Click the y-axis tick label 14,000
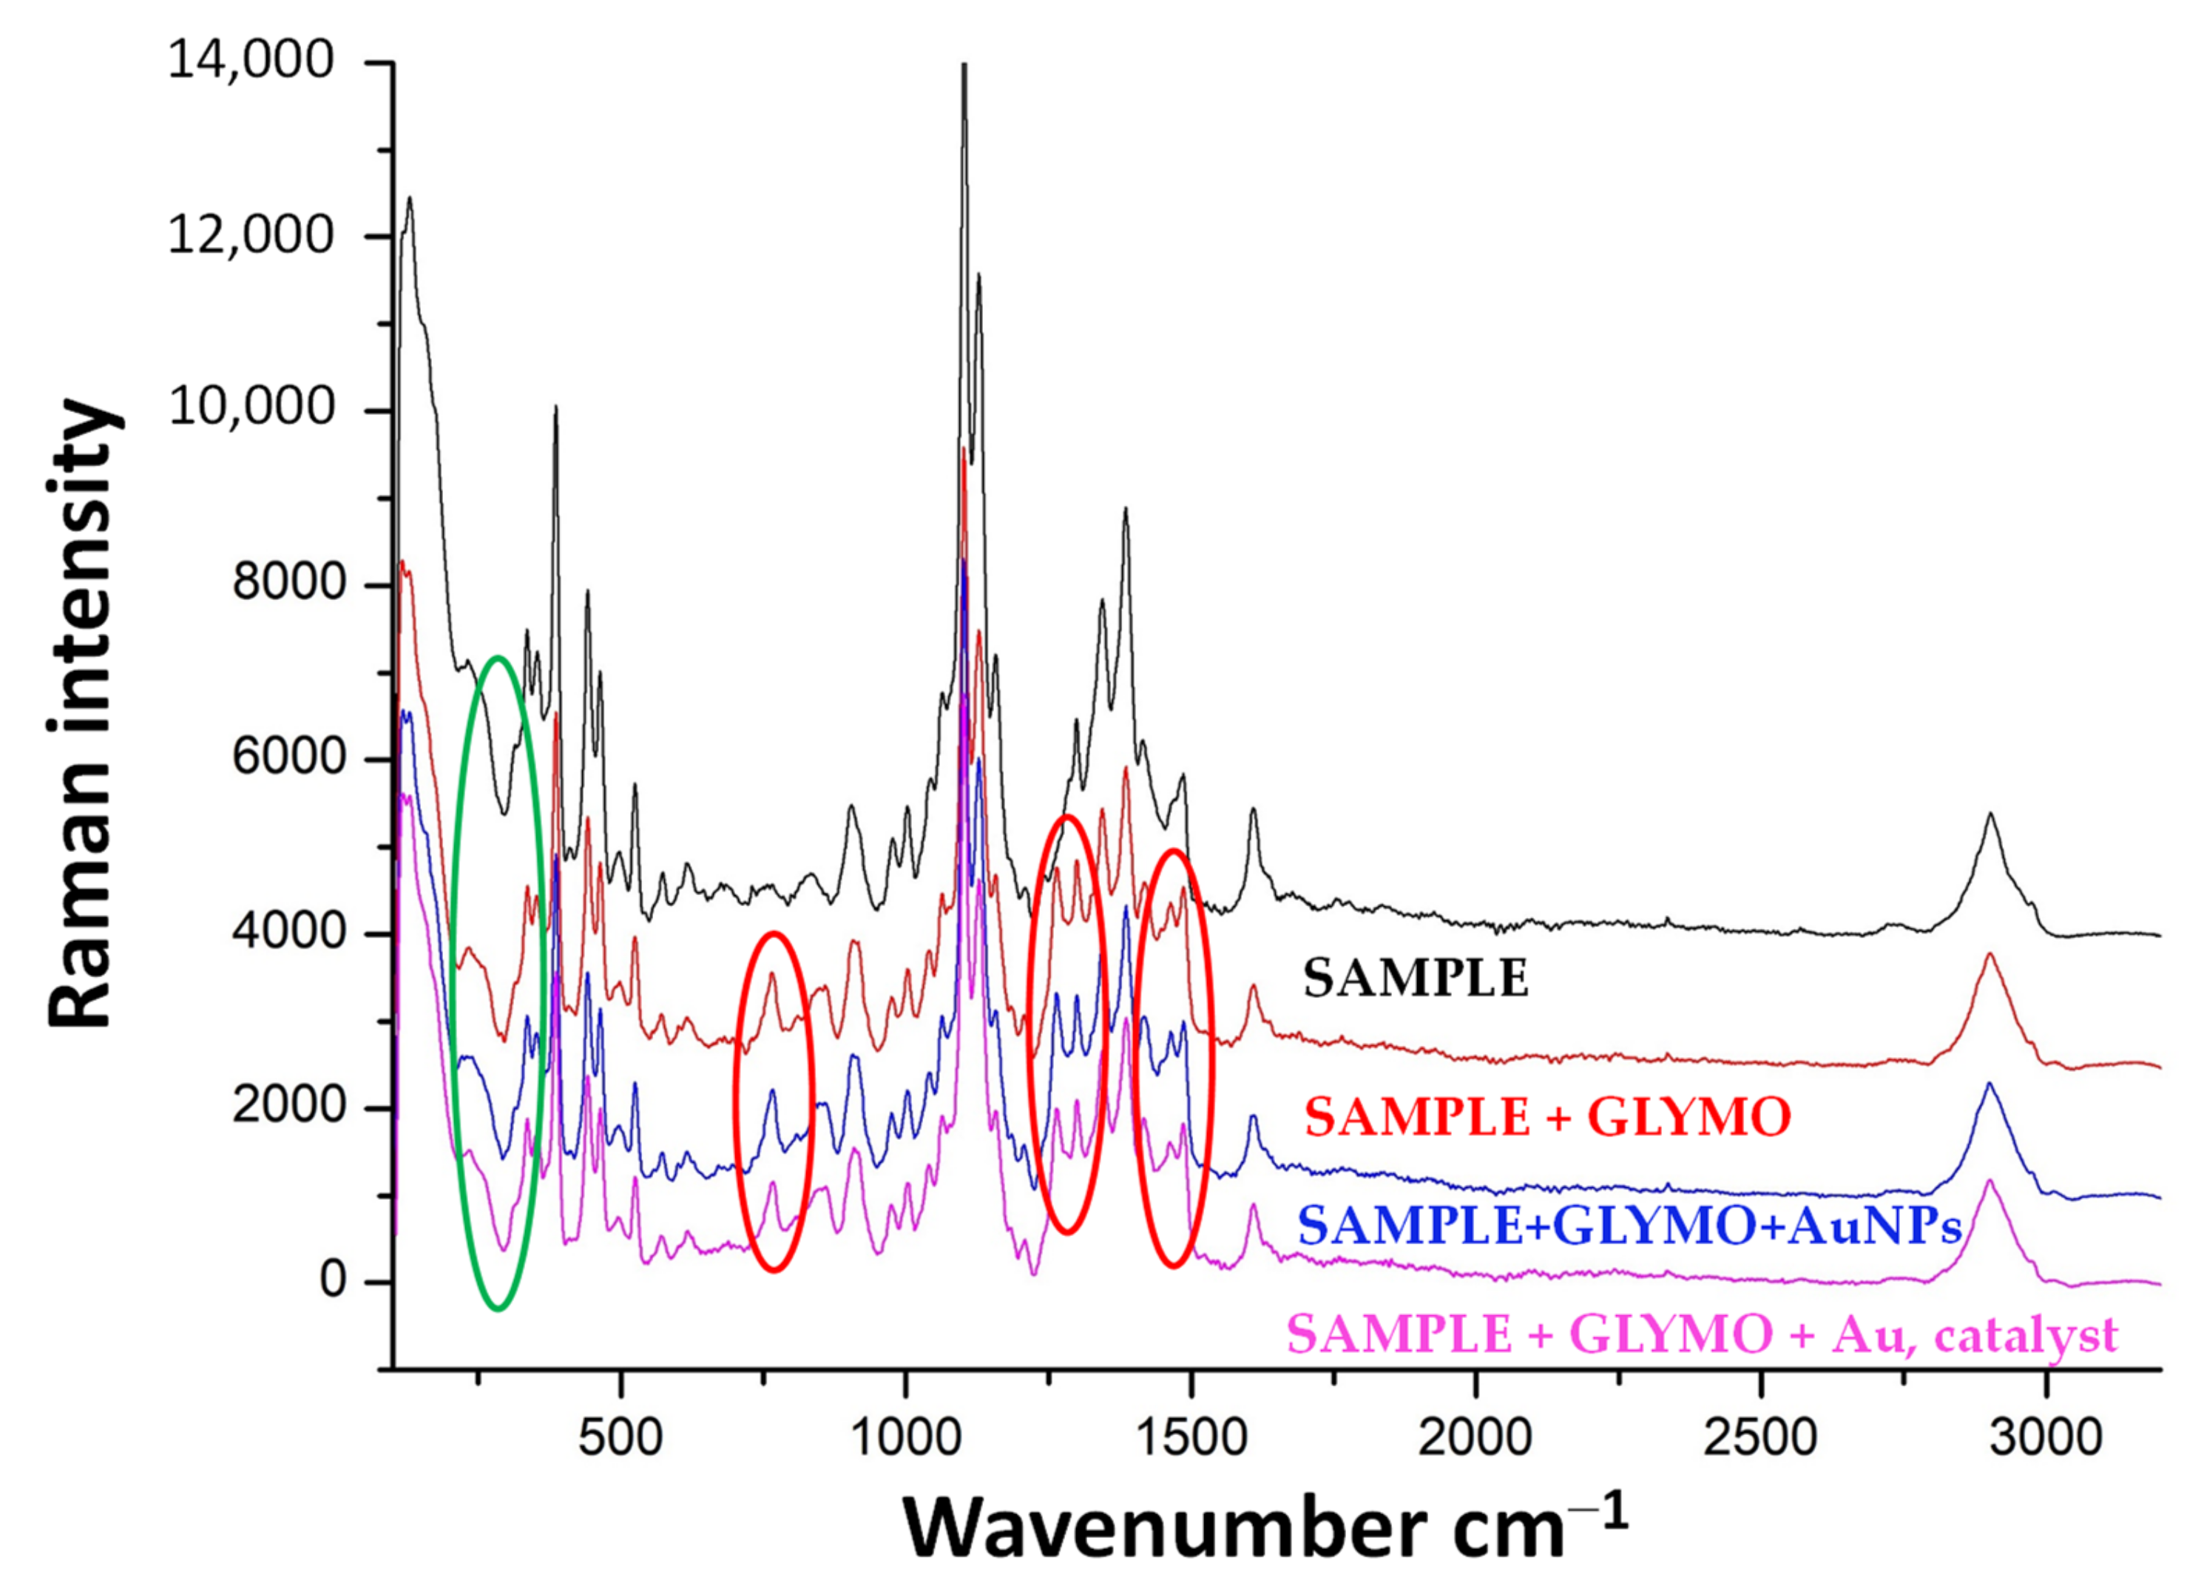(251, 60)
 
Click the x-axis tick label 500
(620, 1436)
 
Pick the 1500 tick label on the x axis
(1191, 1436)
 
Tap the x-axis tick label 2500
(1760, 1436)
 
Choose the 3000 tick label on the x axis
(2046, 1436)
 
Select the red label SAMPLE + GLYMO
(1547, 1118)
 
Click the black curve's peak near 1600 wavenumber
(1254, 809)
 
